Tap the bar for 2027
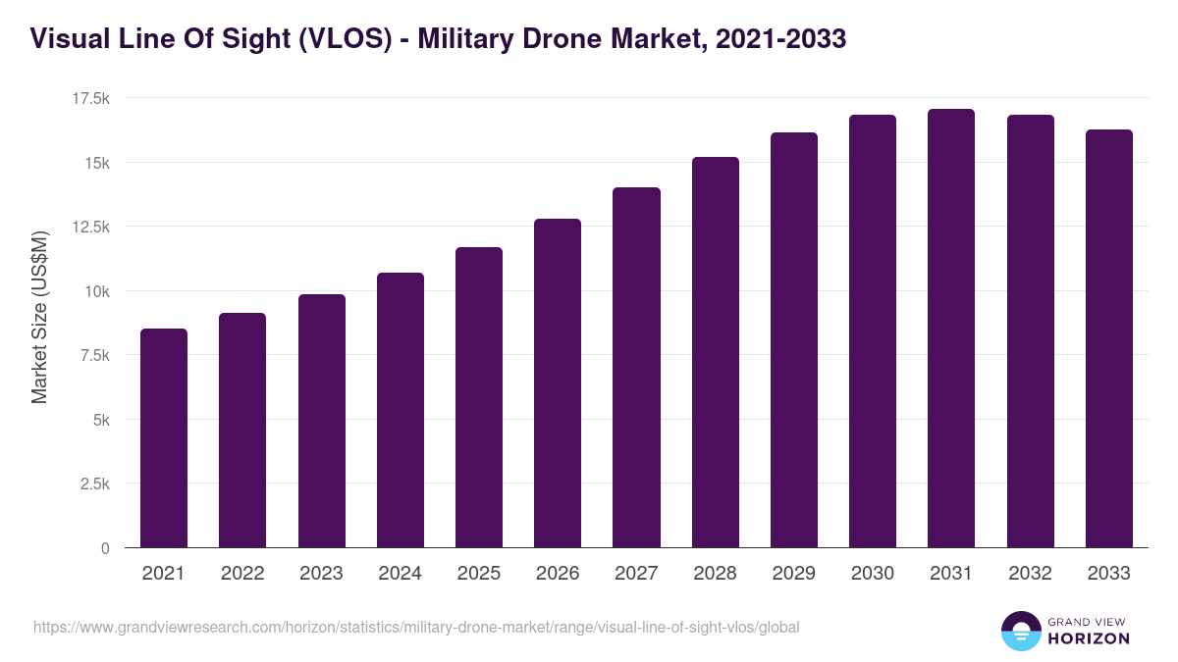pyautogui.click(x=636, y=367)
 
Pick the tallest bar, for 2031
pyautogui.click(x=951, y=328)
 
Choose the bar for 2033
pyautogui.click(x=1108, y=338)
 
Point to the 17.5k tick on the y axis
pyautogui.click(x=90, y=98)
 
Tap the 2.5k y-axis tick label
pyautogui.click(x=94, y=484)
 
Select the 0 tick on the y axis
pyautogui.click(x=105, y=548)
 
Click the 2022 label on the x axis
pyautogui.click(x=242, y=574)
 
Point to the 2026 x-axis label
pyautogui.click(x=558, y=574)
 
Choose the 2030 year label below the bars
pyautogui.click(x=872, y=574)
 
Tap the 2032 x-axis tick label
pyautogui.click(x=1030, y=574)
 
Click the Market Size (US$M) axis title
pyautogui.click(x=39, y=317)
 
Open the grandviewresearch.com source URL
pyautogui.click(x=416, y=627)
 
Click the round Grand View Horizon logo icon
pyautogui.click(x=1020, y=631)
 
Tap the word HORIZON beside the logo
pyautogui.click(x=1089, y=638)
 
